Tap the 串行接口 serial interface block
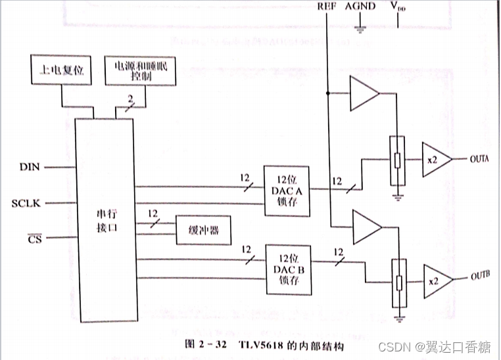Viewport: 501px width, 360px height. point(106,221)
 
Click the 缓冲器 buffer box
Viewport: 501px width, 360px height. point(203,231)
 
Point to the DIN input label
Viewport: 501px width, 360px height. point(30,167)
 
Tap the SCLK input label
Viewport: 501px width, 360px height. point(26,203)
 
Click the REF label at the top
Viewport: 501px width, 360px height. point(327,7)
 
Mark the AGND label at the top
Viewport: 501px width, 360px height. point(360,7)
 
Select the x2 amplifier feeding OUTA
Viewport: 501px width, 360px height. point(435,160)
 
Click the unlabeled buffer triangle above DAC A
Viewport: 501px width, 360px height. point(364,93)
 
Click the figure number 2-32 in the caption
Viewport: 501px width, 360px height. point(203,344)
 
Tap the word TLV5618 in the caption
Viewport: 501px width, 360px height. point(254,344)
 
